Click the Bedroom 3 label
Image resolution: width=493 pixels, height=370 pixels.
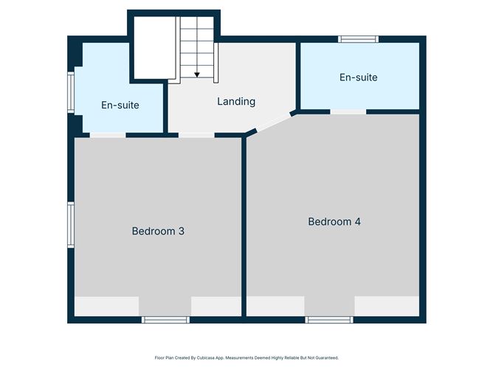[158, 231]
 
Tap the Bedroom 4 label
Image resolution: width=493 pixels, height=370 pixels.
[334, 222]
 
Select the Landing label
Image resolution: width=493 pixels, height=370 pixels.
[235, 101]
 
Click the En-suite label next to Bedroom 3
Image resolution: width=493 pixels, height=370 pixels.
[120, 105]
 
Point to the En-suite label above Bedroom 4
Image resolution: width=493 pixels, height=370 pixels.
[358, 77]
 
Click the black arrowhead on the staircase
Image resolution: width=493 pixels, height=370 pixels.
[197, 74]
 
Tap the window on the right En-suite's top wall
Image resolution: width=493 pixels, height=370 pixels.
[358, 38]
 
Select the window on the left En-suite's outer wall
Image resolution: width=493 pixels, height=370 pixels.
[71, 92]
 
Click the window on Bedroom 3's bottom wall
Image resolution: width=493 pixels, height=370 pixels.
[165, 319]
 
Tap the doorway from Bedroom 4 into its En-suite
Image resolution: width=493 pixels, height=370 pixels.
[348, 112]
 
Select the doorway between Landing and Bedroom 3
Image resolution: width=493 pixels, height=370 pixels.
[196, 135]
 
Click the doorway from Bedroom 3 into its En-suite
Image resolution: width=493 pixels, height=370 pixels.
[108, 135]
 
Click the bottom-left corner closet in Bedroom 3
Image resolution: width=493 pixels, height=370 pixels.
[106, 306]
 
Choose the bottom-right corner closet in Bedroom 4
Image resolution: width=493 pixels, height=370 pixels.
[386, 306]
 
